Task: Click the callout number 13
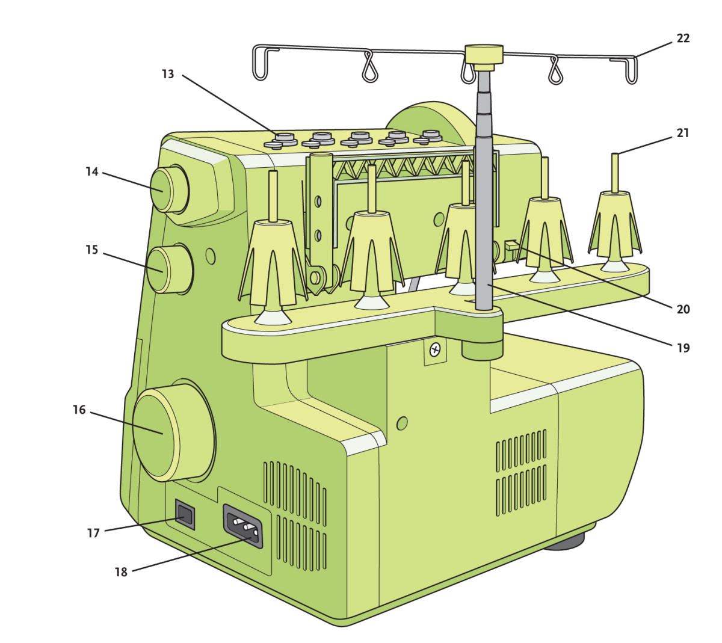pos(168,74)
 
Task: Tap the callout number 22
pos(683,38)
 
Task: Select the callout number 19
pos(683,348)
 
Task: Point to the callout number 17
pos(93,533)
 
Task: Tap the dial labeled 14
pos(162,189)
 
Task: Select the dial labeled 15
pos(160,269)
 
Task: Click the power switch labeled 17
pos(185,514)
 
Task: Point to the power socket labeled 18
pos(244,526)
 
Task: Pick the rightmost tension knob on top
pos(430,137)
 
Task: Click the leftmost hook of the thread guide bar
pos(260,63)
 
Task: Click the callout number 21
pos(683,133)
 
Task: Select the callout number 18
pos(121,572)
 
